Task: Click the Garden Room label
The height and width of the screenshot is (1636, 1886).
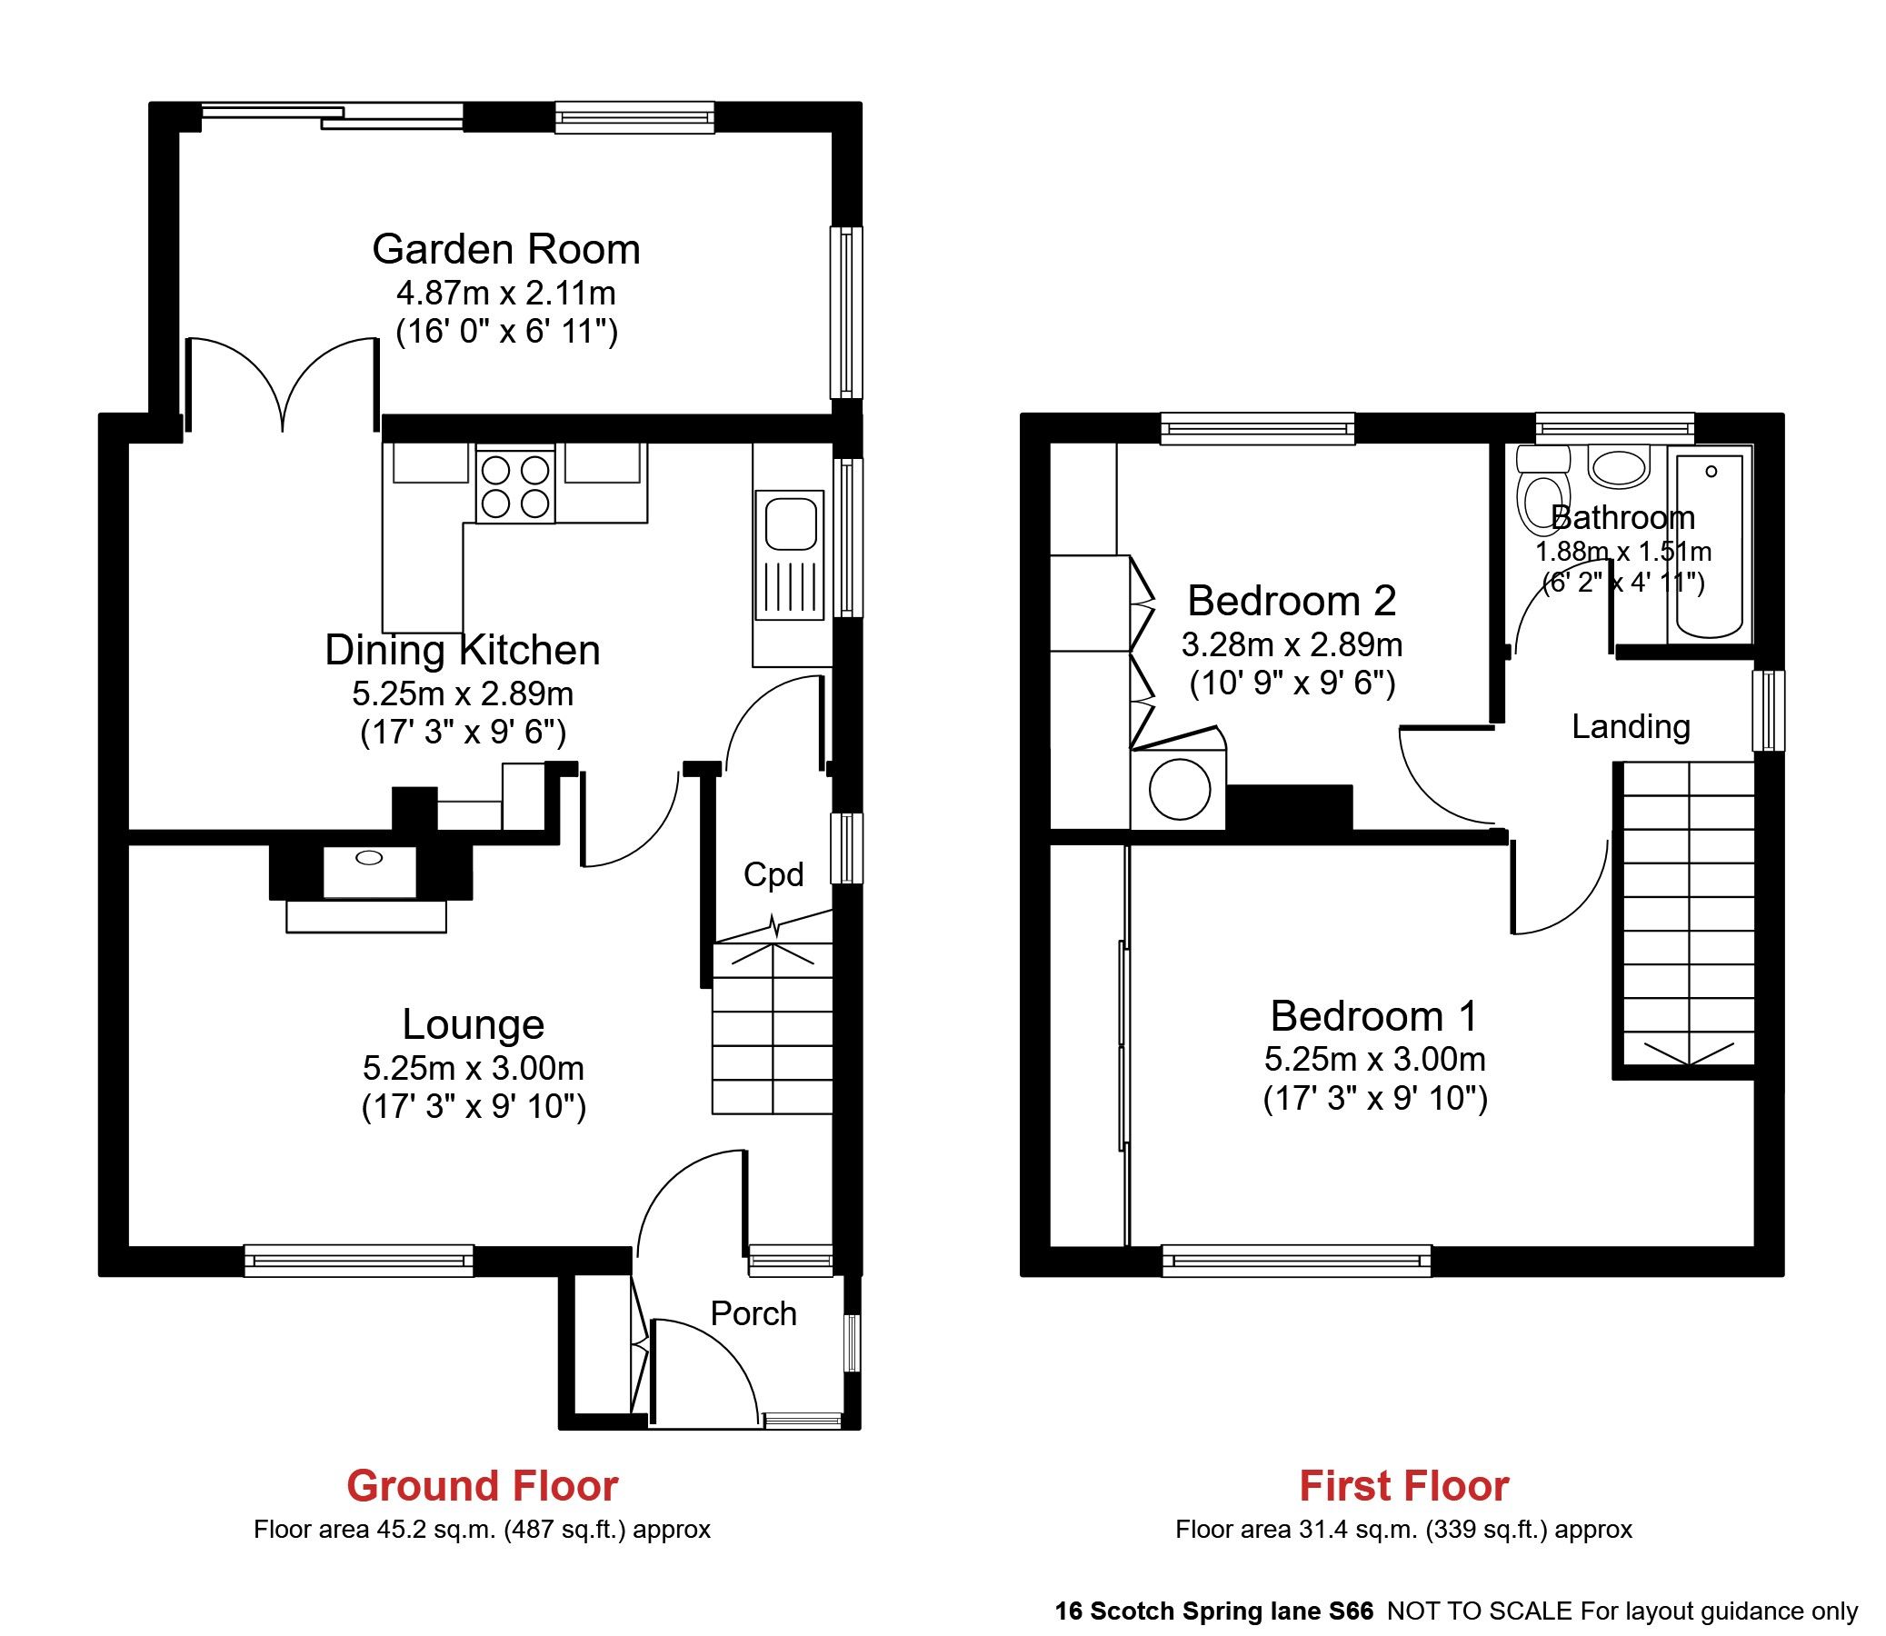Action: coord(505,250)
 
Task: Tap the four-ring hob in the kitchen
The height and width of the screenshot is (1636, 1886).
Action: coord(514,485)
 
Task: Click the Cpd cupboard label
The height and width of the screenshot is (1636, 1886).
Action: coord(773,874)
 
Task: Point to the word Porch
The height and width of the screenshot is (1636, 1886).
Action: coord(753,1313)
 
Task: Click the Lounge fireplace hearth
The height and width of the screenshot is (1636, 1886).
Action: coord(366,915)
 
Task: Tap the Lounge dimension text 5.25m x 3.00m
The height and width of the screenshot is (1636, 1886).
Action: coord(473,1067)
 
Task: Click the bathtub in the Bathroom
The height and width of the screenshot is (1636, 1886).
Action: coord(1710,546)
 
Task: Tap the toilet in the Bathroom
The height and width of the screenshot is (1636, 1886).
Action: coord(1542,500)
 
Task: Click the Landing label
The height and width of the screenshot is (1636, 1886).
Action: coord(1631,727)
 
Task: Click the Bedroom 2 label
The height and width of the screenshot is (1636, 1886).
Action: coord(1291,601)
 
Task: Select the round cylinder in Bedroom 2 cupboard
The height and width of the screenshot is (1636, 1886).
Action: coord(1180,790)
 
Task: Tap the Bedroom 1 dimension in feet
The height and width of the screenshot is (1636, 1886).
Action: coord(1375,1098)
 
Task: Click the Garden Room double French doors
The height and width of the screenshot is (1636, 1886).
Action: coord(283,384)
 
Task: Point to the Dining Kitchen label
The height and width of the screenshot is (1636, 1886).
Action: coord(463,650)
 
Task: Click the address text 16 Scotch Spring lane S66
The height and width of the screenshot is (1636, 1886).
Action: coord(1213,1611)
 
